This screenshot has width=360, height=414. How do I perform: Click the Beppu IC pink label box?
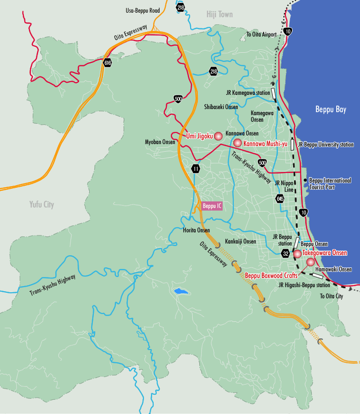tap(211, 206)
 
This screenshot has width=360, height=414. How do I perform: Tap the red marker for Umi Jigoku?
tap(218, 136)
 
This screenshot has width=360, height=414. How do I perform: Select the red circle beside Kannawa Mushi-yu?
tap(237, 144)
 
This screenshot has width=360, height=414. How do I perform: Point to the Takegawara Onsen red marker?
tap(297, 253)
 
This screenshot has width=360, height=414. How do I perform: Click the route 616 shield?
tap(107, 63)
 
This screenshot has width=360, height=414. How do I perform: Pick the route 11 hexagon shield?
tap(196, 168)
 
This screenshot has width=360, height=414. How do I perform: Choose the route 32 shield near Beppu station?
tap(286, 253)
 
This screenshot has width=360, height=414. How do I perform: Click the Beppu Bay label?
tap(330, 109)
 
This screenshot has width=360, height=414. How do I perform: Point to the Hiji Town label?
tap(220, 14)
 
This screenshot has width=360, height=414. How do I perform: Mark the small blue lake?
tap(179, 292)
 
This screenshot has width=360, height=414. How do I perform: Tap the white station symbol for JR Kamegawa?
tap(274, 93)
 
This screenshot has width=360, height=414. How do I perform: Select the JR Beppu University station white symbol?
tap(293, 145)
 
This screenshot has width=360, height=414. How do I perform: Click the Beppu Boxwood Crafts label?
tap(271, 275)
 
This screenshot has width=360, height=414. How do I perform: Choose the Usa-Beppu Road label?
tap(142, 10)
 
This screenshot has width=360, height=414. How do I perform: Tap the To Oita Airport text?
tap(261, 34)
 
